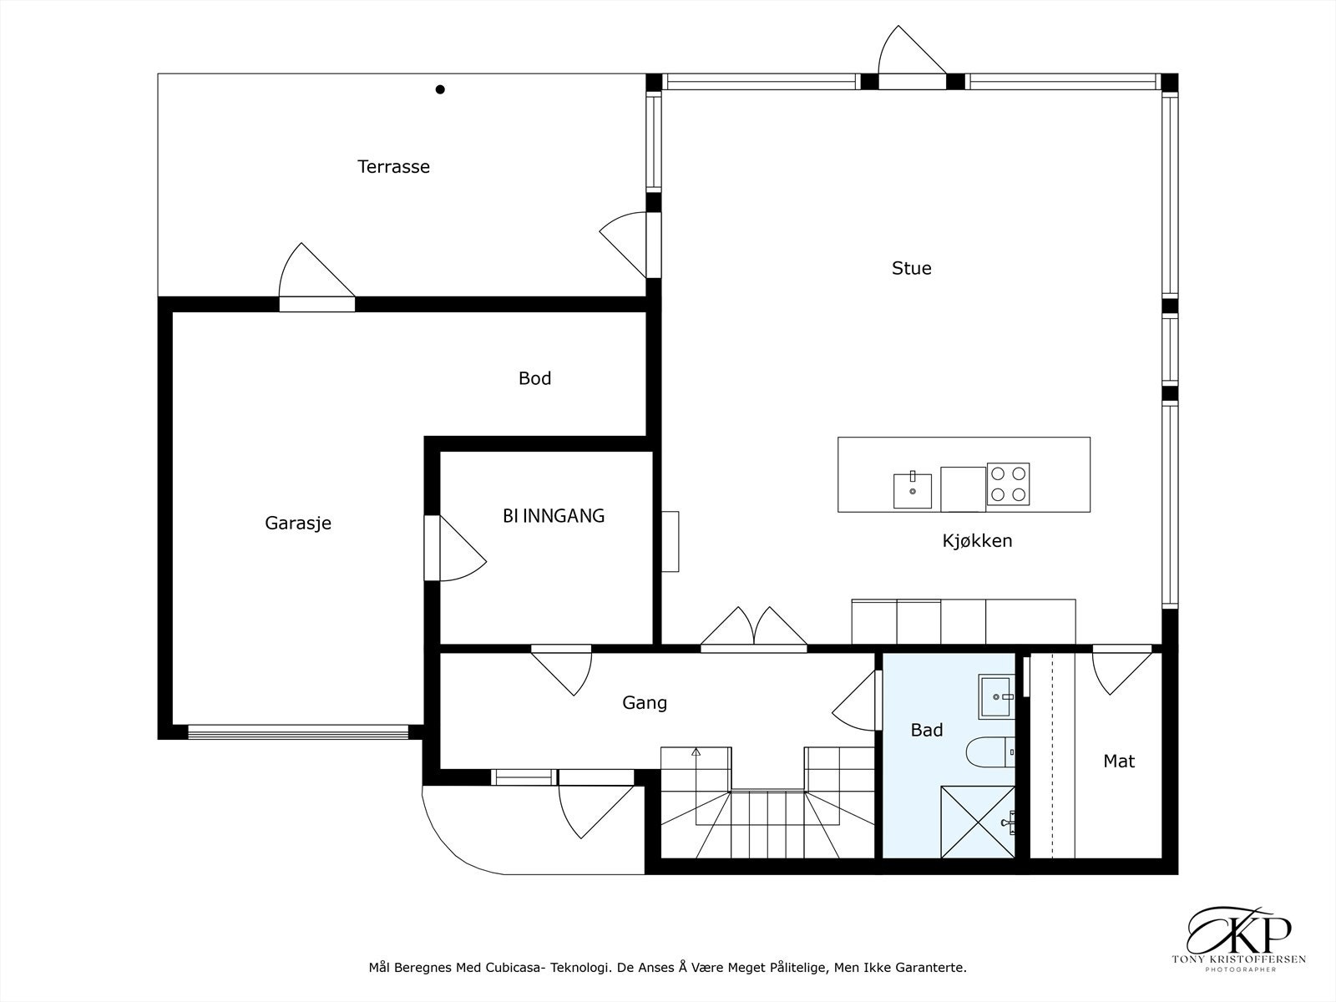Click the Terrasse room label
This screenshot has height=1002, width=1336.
393,167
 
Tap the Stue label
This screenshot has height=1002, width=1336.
911,268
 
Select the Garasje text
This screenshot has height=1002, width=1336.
297,524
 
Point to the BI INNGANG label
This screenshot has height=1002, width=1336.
554,516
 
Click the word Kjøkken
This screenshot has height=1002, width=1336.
977,541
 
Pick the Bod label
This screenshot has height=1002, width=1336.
534,378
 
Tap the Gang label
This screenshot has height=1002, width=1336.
644,703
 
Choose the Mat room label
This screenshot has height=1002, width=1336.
1119,761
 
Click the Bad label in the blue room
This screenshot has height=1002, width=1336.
926,730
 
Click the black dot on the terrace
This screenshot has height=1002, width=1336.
440,89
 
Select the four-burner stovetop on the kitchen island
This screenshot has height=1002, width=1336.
1008,483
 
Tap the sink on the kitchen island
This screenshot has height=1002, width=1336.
913,490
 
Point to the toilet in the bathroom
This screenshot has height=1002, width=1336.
990,752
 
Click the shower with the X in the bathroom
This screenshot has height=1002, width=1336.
978,822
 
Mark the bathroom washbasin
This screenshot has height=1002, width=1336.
996,696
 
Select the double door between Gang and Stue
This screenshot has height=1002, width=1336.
754,629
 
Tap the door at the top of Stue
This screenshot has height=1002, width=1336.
912,58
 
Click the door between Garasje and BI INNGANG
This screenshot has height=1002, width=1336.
455,548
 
